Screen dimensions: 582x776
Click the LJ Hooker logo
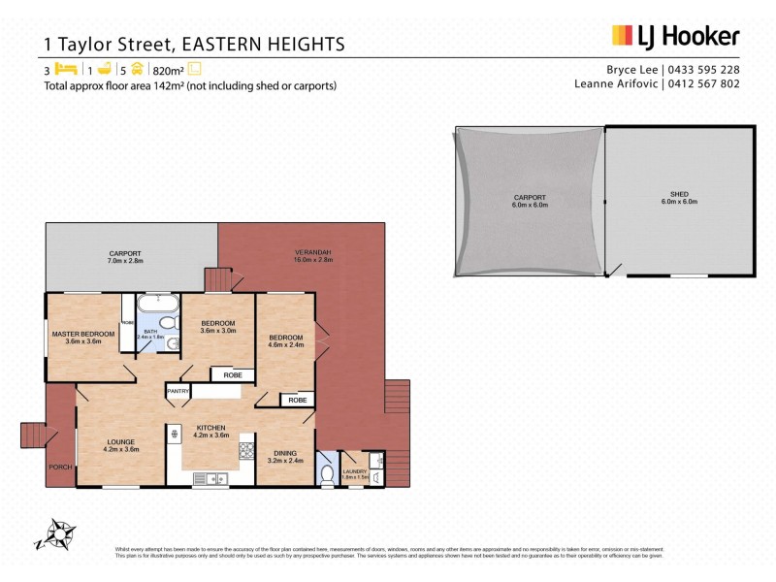click(x=675, y=37)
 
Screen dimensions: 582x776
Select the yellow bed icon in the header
click(x=66, y=69)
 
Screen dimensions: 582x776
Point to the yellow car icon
click(x=138, y=69)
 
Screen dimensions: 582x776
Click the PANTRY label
click(x=178, y=391)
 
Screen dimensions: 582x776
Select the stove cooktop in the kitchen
click(x=245, y=449)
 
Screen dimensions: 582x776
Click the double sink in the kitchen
click(x=210, y=476)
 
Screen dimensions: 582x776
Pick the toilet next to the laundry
click(x=327, y=472)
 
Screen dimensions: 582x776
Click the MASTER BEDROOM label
click(x=82, y=334)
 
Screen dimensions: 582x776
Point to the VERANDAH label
click(x=313, y=254)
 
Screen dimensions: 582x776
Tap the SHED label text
click(x=679, y=196)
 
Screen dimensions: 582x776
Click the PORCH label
click(x=59, y=467)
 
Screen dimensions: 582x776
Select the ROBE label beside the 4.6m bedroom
click(x=298, y=400)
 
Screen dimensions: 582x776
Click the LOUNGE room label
click(x=120, y=442)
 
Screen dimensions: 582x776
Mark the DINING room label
click(x=285, y=453)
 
